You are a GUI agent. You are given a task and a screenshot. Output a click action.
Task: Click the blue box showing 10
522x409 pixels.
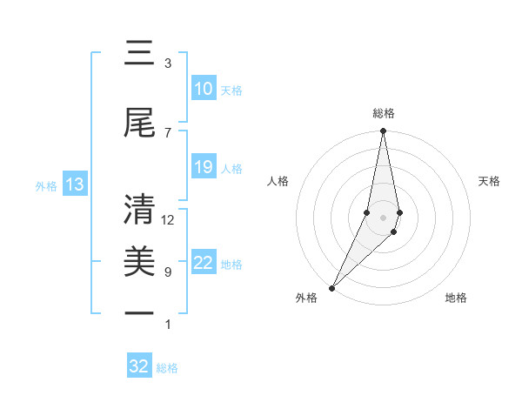203,89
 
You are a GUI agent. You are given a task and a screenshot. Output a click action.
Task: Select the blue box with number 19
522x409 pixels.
203,167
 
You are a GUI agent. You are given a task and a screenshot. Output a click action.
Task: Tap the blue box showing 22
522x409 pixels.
203,264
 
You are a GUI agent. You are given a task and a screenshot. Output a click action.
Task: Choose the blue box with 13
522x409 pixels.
74,184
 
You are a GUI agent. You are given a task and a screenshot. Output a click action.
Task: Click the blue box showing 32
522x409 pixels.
139,366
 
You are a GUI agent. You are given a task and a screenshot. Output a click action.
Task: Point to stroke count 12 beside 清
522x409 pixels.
168,220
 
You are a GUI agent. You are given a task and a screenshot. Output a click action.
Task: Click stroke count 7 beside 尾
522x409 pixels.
167,132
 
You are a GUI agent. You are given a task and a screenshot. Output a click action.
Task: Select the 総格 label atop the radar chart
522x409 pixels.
384,113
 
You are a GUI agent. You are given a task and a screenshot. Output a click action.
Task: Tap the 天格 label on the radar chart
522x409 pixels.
490,181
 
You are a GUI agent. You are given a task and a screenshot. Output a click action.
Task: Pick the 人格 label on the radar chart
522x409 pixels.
278,181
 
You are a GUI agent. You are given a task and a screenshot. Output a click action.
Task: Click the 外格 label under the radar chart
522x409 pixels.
306,298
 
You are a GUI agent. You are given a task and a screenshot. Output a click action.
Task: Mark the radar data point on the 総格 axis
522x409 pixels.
383,131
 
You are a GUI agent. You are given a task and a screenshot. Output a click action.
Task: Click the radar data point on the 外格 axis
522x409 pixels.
331,287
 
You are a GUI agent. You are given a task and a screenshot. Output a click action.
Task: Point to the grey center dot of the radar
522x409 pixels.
383,217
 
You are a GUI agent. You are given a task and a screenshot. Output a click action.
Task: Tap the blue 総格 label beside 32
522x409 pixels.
167,368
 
